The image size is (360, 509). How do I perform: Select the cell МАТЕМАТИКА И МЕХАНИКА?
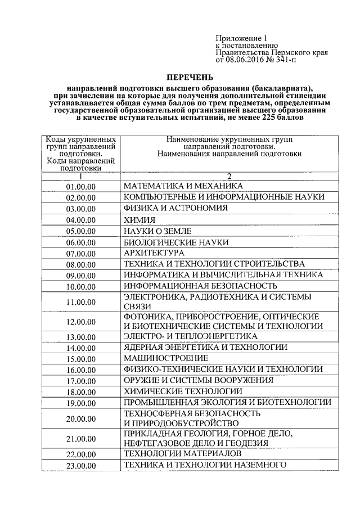point(183,186)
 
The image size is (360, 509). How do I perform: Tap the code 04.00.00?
point(81,220)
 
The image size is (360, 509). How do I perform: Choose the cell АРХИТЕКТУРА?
point(154,253)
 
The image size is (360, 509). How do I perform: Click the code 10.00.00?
point(81,286)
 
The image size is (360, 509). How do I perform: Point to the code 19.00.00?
point(81,403)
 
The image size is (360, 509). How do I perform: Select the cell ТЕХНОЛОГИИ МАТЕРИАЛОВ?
point(183,453)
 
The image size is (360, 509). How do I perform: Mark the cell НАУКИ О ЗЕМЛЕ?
point(158,231)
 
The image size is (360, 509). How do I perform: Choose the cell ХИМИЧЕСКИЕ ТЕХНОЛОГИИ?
point(183,391)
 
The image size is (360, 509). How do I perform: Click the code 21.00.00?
point(81,439)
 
